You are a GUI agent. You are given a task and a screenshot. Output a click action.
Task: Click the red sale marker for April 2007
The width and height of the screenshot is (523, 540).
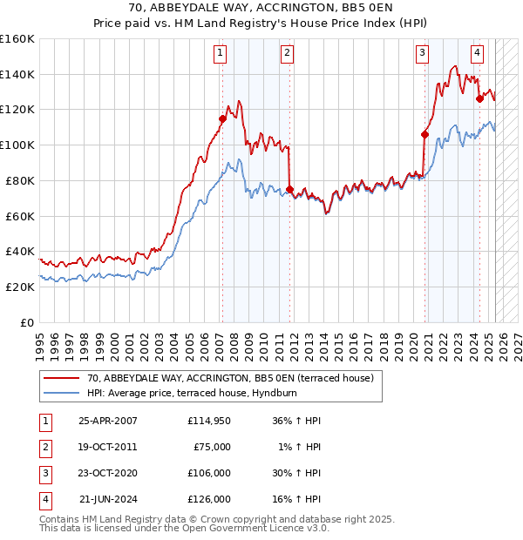(222, 118)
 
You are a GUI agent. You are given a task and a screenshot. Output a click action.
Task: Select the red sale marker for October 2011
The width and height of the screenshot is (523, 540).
(289, 189)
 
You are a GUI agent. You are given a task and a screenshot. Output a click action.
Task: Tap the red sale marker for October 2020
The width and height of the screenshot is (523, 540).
(425, 134)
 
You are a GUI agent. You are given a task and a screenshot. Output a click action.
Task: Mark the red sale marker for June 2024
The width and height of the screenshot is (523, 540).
(479, 98)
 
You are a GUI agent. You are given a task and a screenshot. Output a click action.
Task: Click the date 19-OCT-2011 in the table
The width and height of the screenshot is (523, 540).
(108, 447)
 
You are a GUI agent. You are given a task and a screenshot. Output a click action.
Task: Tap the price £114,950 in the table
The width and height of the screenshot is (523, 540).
(209, 421)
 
